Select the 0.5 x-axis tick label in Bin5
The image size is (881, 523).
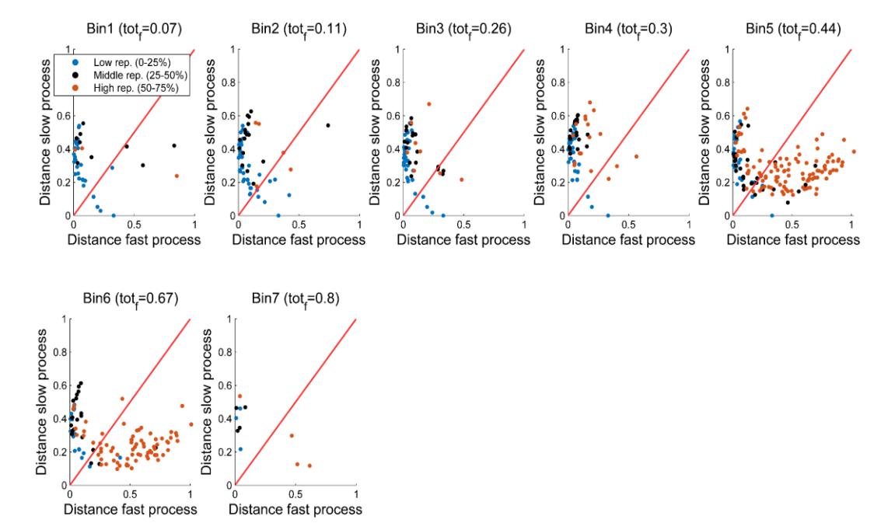tap(792, 225)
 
